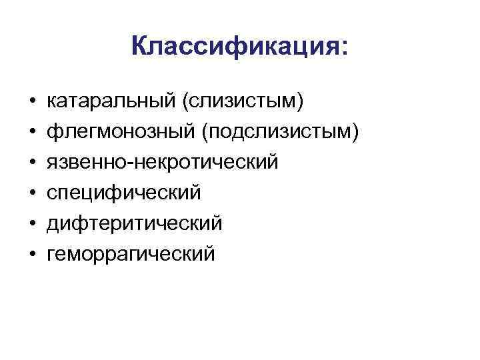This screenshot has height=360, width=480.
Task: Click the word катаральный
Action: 110,101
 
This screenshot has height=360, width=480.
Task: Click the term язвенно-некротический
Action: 161,163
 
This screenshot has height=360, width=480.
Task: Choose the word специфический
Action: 124,193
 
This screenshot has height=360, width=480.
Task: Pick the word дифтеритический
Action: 134,223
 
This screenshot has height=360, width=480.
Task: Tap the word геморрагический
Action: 131,254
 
